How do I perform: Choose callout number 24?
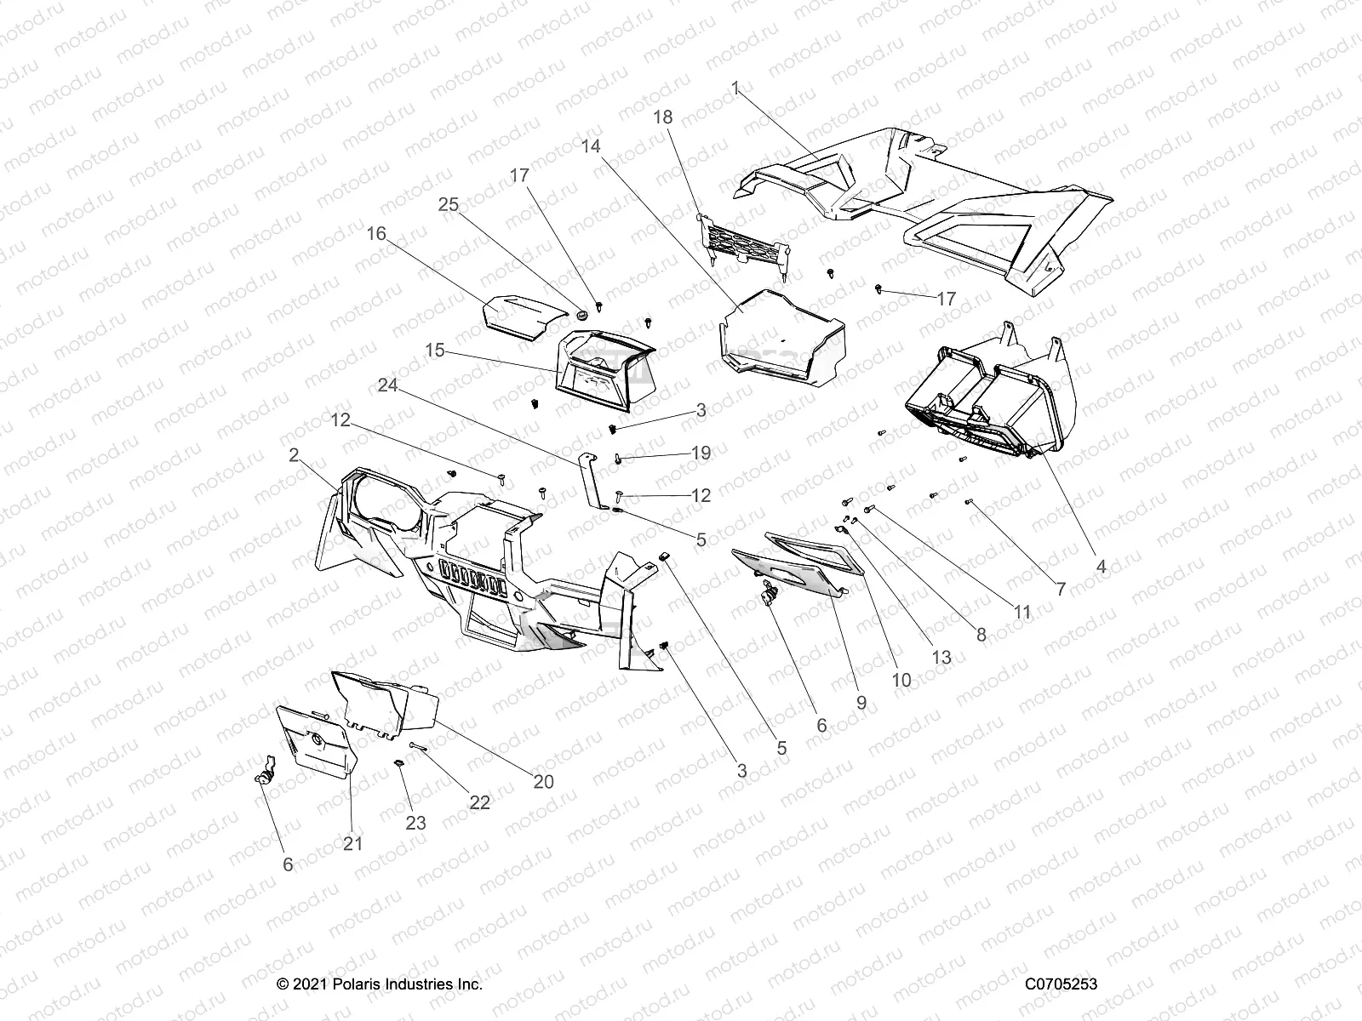tap(388, 385)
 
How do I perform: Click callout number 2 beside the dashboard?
tap(295, 455)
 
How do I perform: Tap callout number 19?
tap(701, 453)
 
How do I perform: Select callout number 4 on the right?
tap(1101, 567)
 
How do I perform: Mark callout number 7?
tap(1061, 589)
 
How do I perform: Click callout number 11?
tap(1021, 612)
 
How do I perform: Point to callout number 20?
tap(543, 781)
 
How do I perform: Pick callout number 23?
tap(416, 823)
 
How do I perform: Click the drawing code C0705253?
tap(1061, 984)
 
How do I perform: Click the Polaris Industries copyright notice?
tap(380, 984)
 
